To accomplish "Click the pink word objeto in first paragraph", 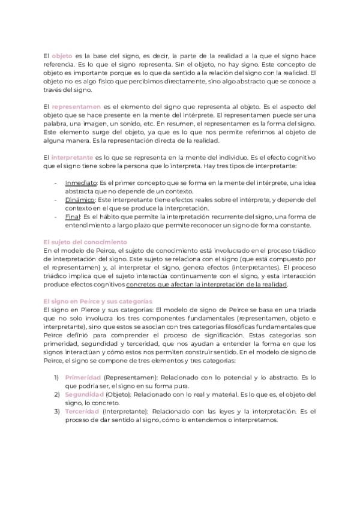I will click(62, 55).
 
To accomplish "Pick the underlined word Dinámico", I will click(80, 199).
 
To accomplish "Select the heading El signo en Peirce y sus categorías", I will click(98, 300).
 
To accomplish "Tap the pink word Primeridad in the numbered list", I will click(82, 377).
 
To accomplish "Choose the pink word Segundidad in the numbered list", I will click(84, 394).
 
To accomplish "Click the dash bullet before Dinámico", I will click(56, 199).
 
